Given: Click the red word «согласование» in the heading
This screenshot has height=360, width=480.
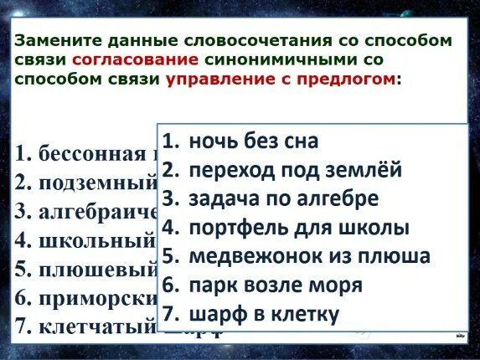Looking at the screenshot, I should [x=136, y=60].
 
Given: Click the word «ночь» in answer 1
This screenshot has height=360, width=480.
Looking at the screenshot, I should [x=214, y=141].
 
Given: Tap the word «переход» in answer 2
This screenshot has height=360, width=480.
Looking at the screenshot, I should [x=229, y=170].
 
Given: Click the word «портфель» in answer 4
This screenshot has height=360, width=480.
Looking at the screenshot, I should [x=234, y=228].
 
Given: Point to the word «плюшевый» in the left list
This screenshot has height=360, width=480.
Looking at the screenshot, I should [x=97, y=270].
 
